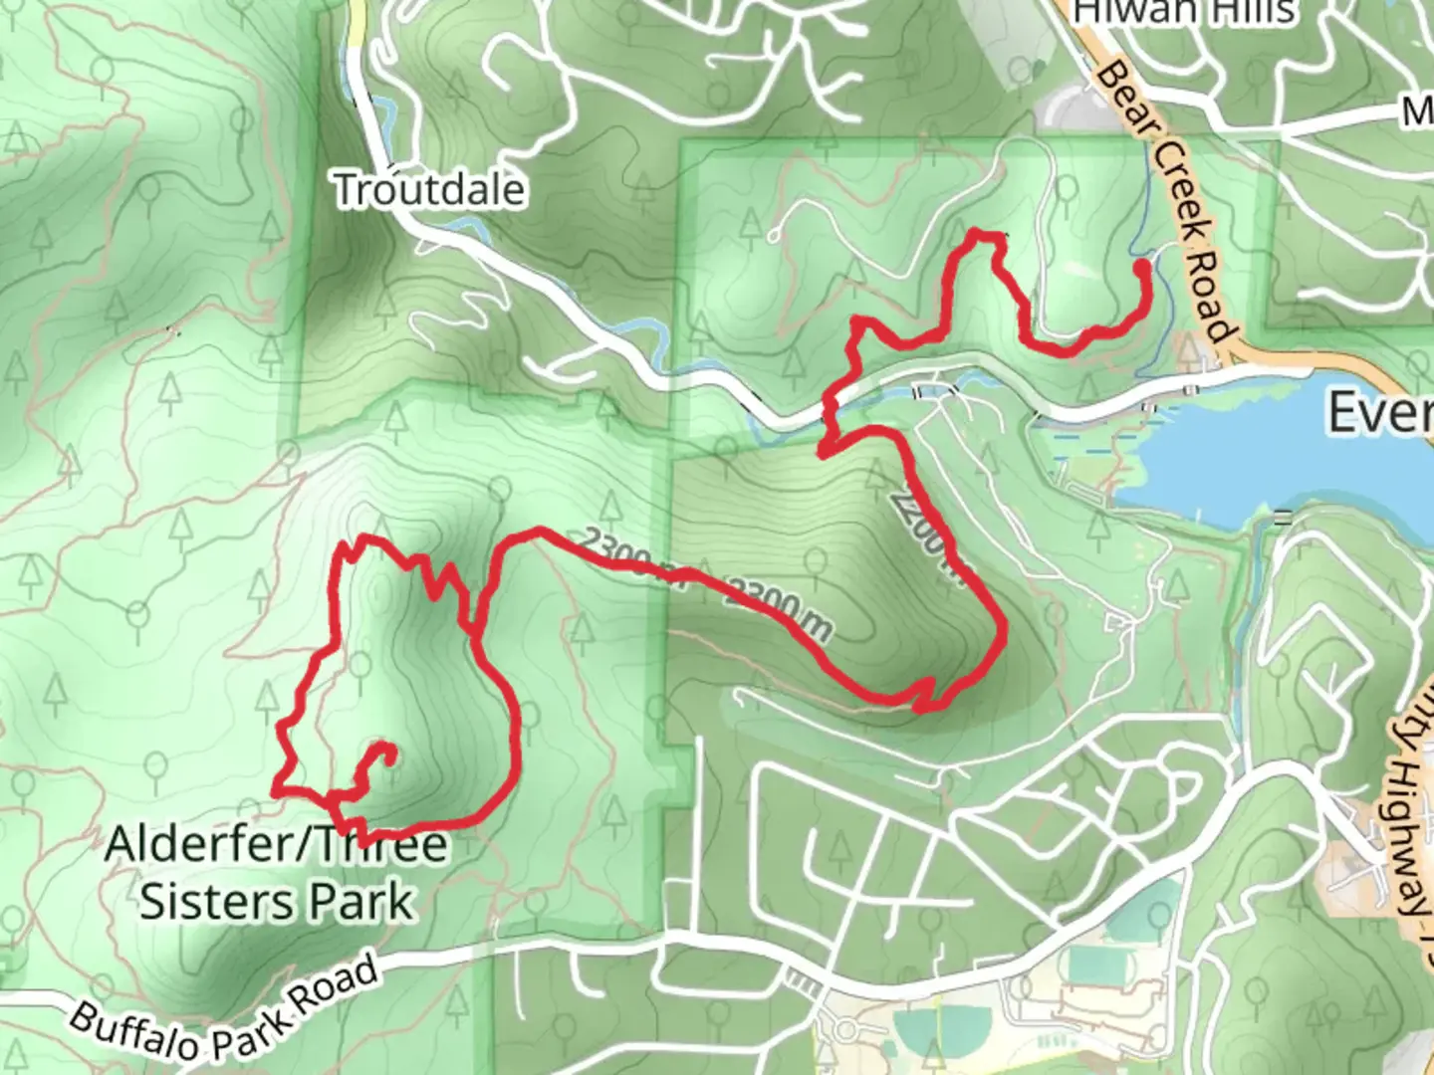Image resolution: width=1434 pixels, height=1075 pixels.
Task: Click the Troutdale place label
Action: click(x=429, y=189)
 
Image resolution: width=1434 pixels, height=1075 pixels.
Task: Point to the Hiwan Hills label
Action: click(x=1185, y=12)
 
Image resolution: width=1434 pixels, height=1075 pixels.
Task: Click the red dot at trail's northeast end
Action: click(x=1141, y=267)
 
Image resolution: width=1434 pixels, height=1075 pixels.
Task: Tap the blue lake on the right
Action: click(x=1285, y=458)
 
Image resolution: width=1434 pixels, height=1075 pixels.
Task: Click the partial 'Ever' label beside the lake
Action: click(x=1379, y=410)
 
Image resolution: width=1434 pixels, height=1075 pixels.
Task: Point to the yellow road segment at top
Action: click(x=357, y=25)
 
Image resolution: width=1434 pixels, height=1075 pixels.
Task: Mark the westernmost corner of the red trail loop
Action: click(x=275, y=791)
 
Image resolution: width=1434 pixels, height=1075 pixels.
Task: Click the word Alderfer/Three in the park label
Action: click(x=276, y=845)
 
